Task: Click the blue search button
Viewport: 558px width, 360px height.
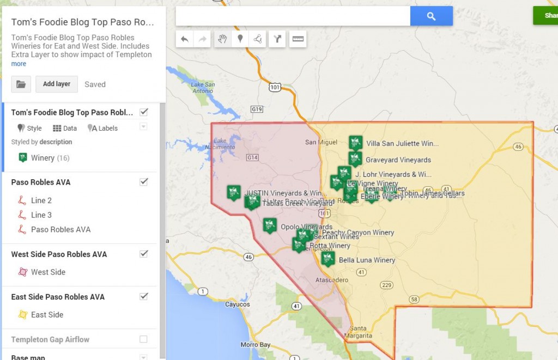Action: tap(431, 16)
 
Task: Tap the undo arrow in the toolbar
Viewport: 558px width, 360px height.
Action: tap(185, 39)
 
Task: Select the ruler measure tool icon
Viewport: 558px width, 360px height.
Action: tap(298, 39)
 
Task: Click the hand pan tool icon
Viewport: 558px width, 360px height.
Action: tap(222, 39)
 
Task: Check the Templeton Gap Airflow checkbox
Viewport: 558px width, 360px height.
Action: tap(143, 339)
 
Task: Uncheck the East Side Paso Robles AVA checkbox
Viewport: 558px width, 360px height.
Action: tap(144, 297)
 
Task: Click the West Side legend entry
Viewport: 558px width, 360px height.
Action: tap(48, 272)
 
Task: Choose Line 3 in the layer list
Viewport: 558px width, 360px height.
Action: tap(41, 215)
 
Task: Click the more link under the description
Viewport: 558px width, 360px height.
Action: tap(19, 64)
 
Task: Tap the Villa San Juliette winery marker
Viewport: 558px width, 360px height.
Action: tap(355, 143)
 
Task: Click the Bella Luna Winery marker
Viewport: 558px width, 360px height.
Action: tap(327, 258)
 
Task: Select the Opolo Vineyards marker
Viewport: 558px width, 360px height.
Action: tap(269, 225)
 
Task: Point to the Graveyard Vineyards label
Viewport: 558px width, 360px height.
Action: tap(398, 160)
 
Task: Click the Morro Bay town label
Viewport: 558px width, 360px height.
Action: tap(256, 345)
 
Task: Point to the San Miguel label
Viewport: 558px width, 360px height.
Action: tap(318, 143)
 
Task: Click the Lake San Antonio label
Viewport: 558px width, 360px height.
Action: tap(203, 87)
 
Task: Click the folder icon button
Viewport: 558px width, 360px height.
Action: tap(21, 84)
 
